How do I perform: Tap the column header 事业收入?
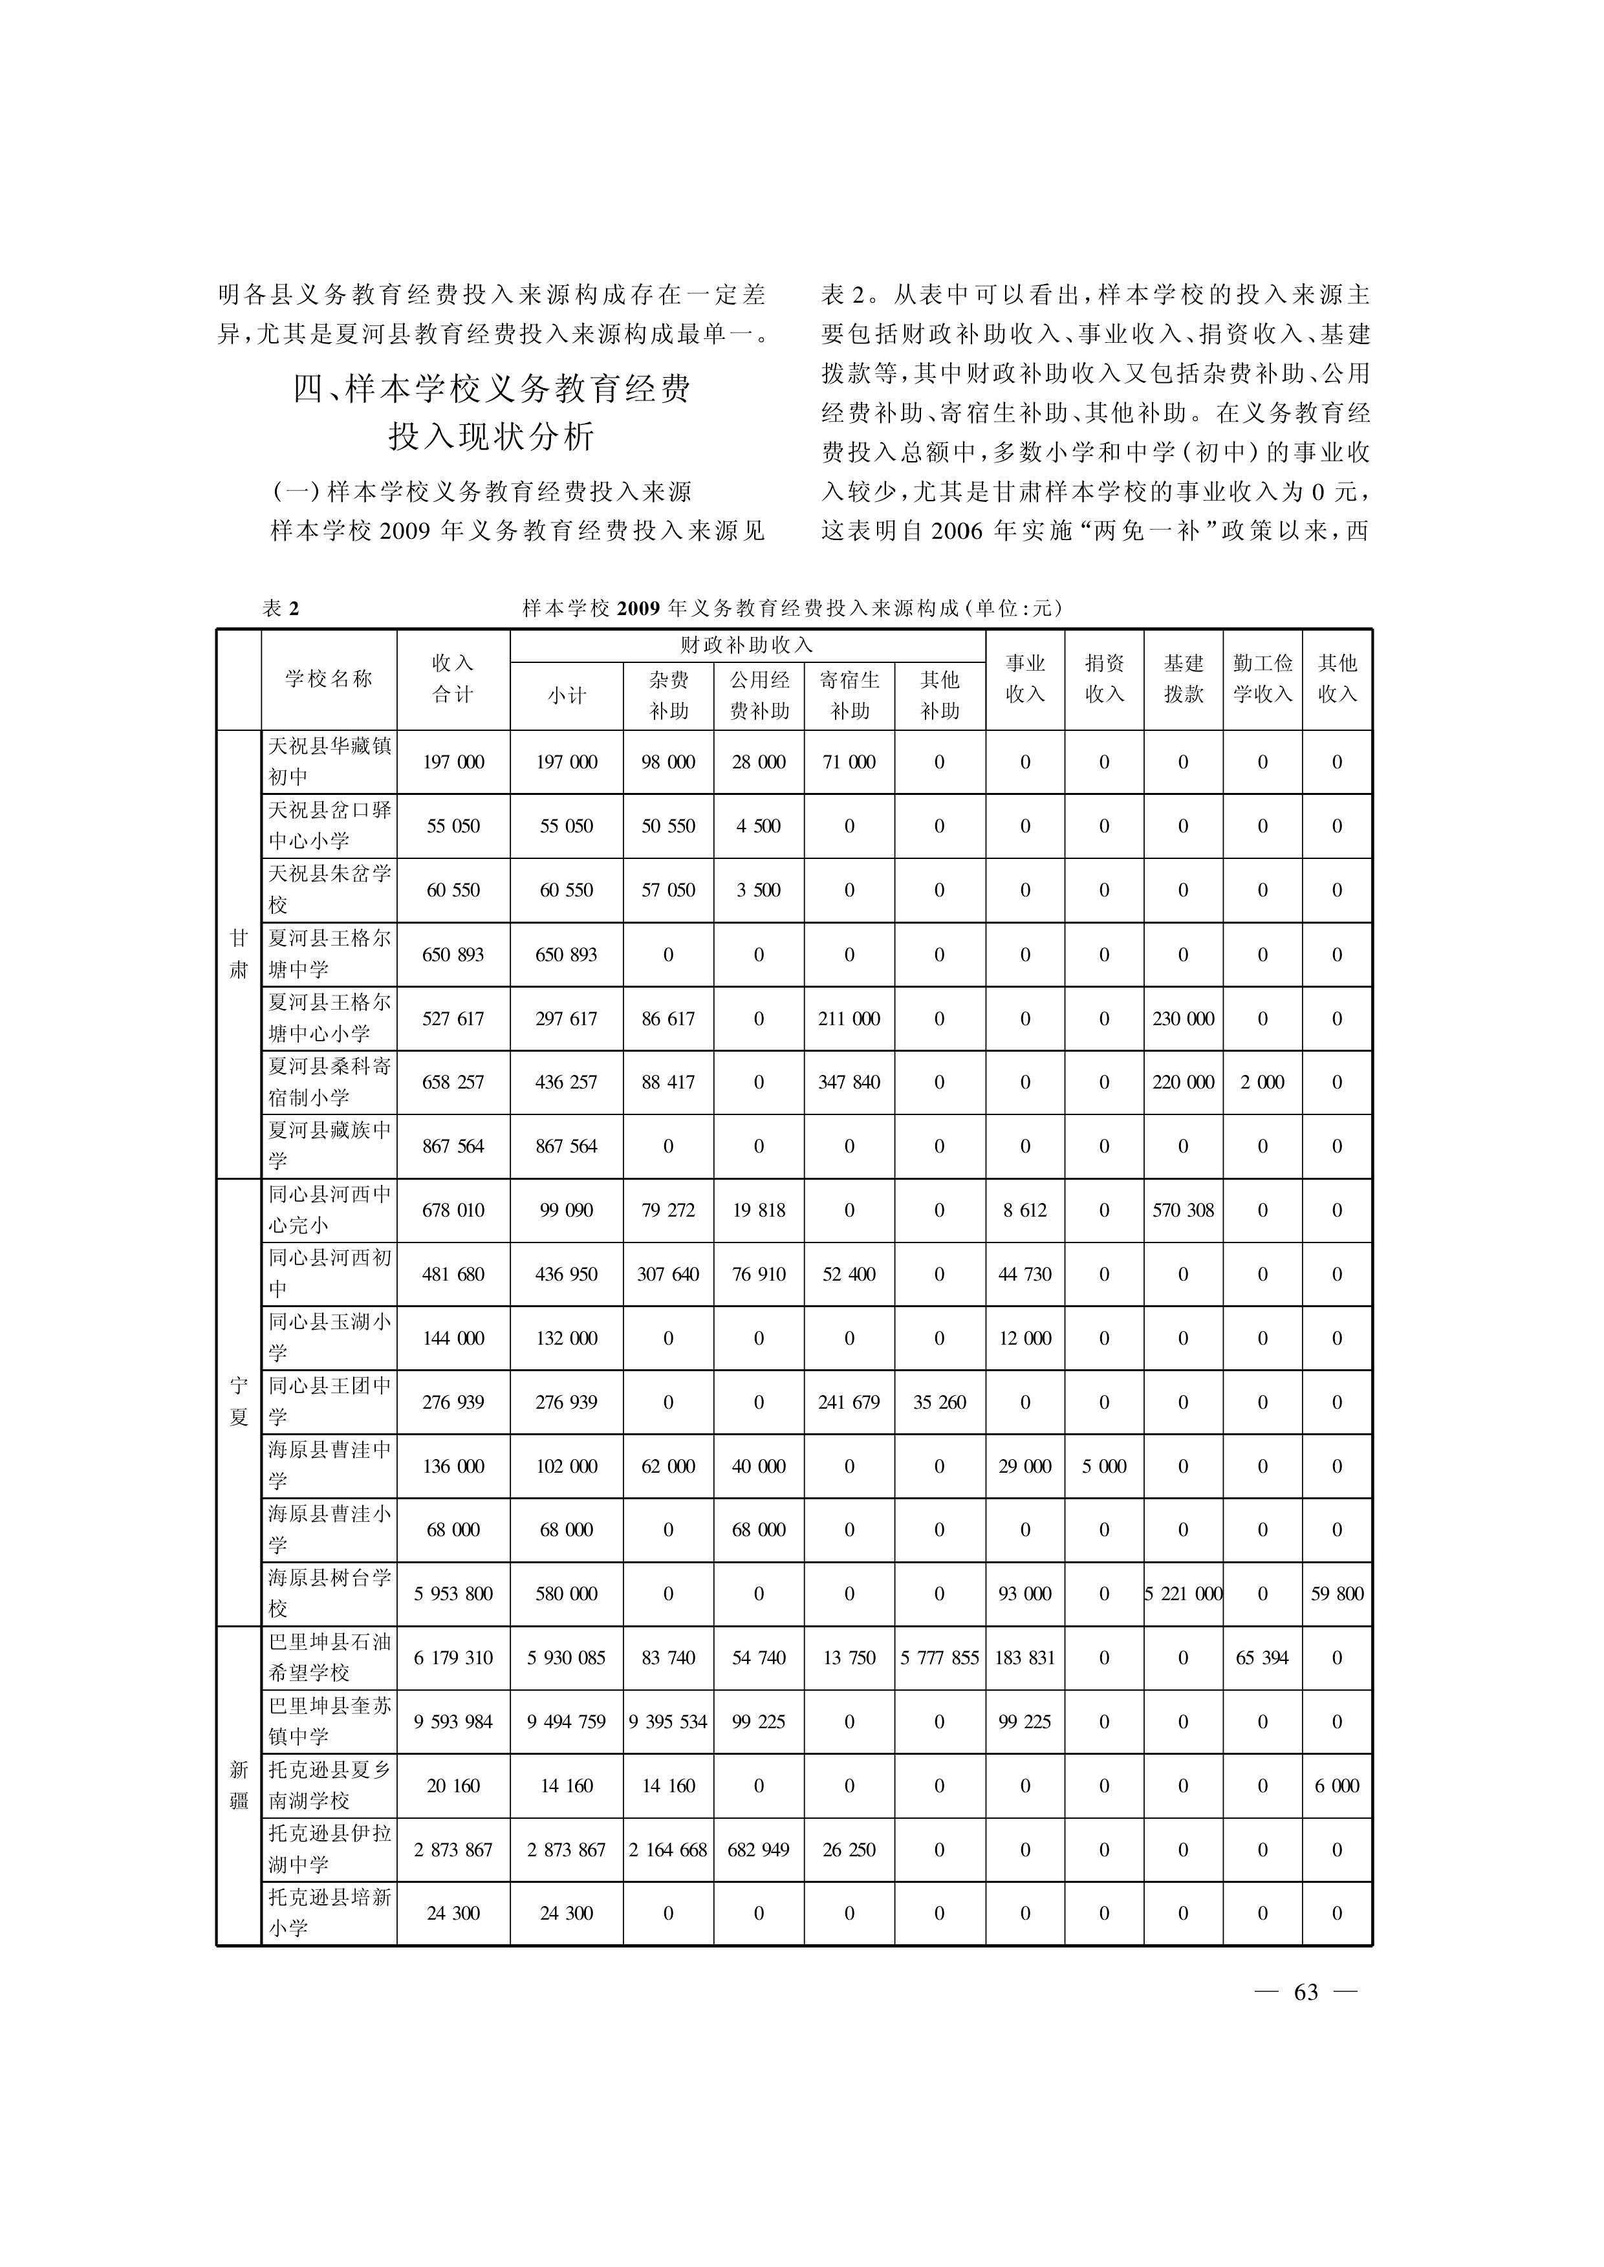(x=1024, y=678)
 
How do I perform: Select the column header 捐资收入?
(x=1103, y=678)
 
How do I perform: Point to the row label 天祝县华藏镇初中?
(x=329, y=761)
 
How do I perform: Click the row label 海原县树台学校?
(x=329, y=1593)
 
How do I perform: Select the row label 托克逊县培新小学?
(x=329, y=1913)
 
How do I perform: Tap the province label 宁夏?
(x=239, y=1402)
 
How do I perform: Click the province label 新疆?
(x=239, y=1785)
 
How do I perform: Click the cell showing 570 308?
(x=1182, y=1210)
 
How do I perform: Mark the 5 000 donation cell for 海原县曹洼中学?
(x=1103, y=1466)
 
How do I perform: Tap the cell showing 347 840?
(x=849, y=1081)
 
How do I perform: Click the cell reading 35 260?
(x=939, y=1402)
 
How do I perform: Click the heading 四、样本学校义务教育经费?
(x=491, y=389)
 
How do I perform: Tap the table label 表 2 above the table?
(x=281, y=609)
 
